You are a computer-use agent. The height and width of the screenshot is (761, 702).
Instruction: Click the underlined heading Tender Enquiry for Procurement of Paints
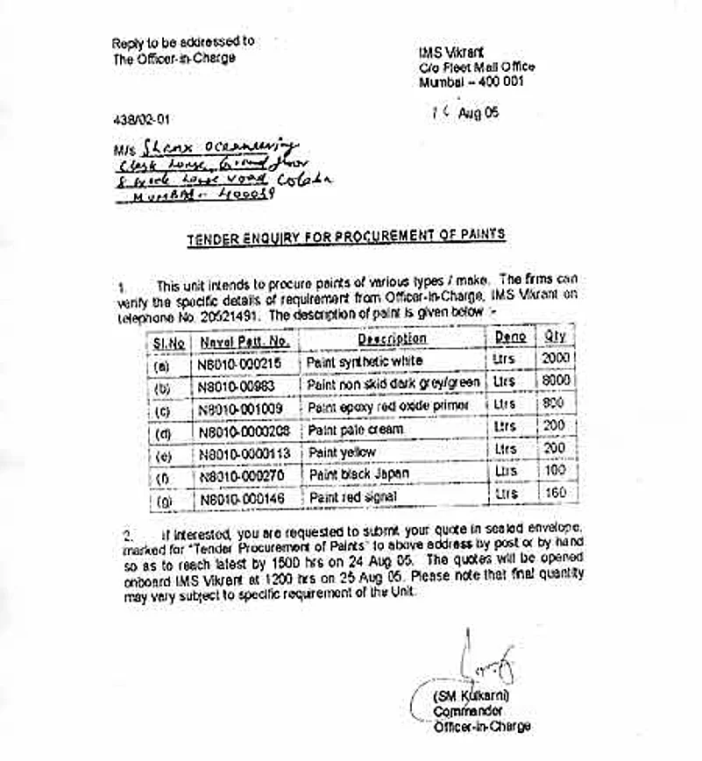click(x=345, y=237)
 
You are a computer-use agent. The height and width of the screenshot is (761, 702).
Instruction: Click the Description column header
click(x=392, y=338)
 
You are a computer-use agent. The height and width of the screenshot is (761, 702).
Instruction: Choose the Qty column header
click(x=555, y=337)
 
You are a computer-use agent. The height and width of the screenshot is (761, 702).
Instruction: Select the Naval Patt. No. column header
click(x=244, y=341)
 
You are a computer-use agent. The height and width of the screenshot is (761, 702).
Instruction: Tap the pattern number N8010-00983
click(x=238, y=385)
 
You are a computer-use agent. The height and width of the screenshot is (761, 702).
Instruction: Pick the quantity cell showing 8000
click(x=557, y=381)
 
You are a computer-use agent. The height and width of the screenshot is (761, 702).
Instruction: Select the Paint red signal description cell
click(x=352, y=497)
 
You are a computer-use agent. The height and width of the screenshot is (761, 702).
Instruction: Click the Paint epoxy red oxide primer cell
click(x=388, y=407)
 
